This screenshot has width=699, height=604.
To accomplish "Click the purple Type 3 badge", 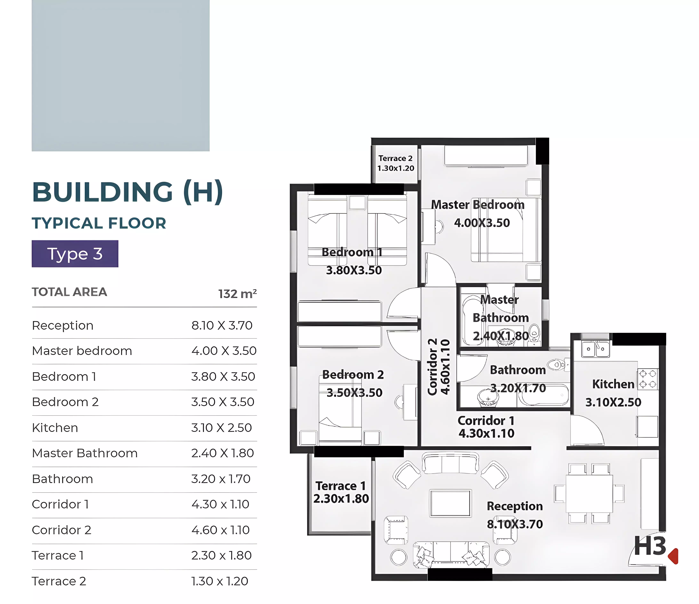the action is pos(75,254).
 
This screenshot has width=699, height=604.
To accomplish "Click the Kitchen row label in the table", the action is pos(55,428).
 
